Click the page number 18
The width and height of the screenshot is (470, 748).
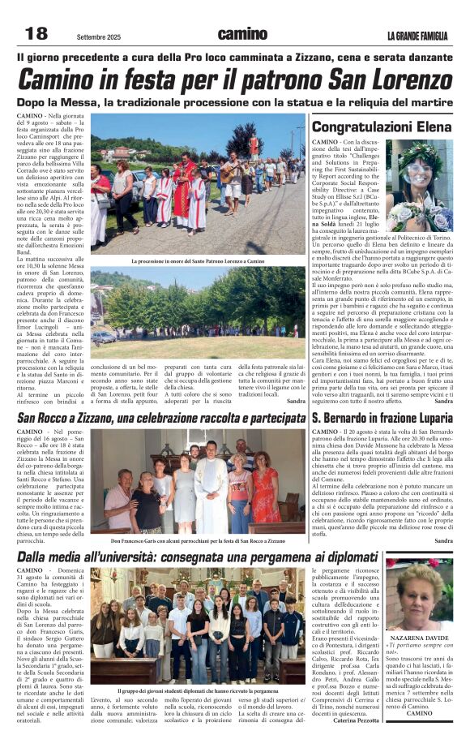[36, 34]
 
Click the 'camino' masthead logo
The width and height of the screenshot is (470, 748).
[241, 34]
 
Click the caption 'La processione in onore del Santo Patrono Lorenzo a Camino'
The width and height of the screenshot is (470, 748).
[199, 261]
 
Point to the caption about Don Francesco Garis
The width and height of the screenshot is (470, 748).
[199, 540]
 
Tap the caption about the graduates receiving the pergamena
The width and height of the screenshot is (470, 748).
[198, 690]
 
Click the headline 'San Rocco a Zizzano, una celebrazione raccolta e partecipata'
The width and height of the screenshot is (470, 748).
[161, 417]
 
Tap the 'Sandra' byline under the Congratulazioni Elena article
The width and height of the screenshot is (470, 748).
[443, 401]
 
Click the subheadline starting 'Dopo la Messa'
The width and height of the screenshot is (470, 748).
[234, 103]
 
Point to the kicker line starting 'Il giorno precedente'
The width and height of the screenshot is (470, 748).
[234, 58]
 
